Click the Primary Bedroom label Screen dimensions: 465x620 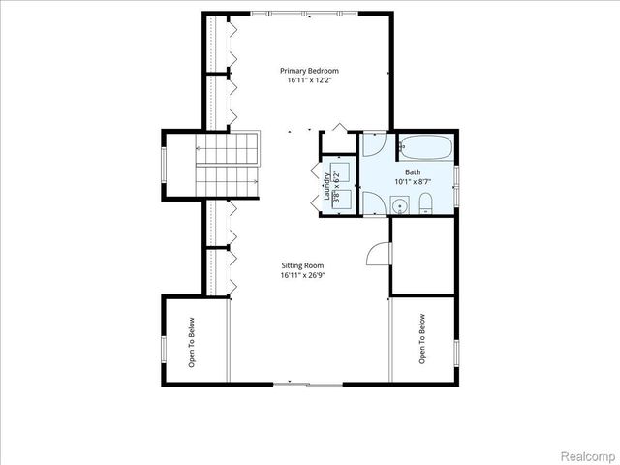(310, 71)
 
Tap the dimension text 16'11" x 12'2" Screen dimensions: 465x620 (310, 81)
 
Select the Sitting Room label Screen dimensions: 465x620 (302, 265)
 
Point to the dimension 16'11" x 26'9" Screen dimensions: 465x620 (302, 276)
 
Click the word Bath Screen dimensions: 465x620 (413, 170)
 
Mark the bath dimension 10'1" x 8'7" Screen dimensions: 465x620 (413, 181)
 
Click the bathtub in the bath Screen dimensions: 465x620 (423, 148)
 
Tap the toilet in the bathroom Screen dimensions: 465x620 (426, 203)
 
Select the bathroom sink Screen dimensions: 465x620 (397, 204)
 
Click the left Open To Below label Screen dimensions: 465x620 (192, 343)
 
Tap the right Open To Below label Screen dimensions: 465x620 (422, 338)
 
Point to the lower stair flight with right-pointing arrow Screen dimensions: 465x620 (230, 180)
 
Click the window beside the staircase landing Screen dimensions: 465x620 (163, 164)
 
